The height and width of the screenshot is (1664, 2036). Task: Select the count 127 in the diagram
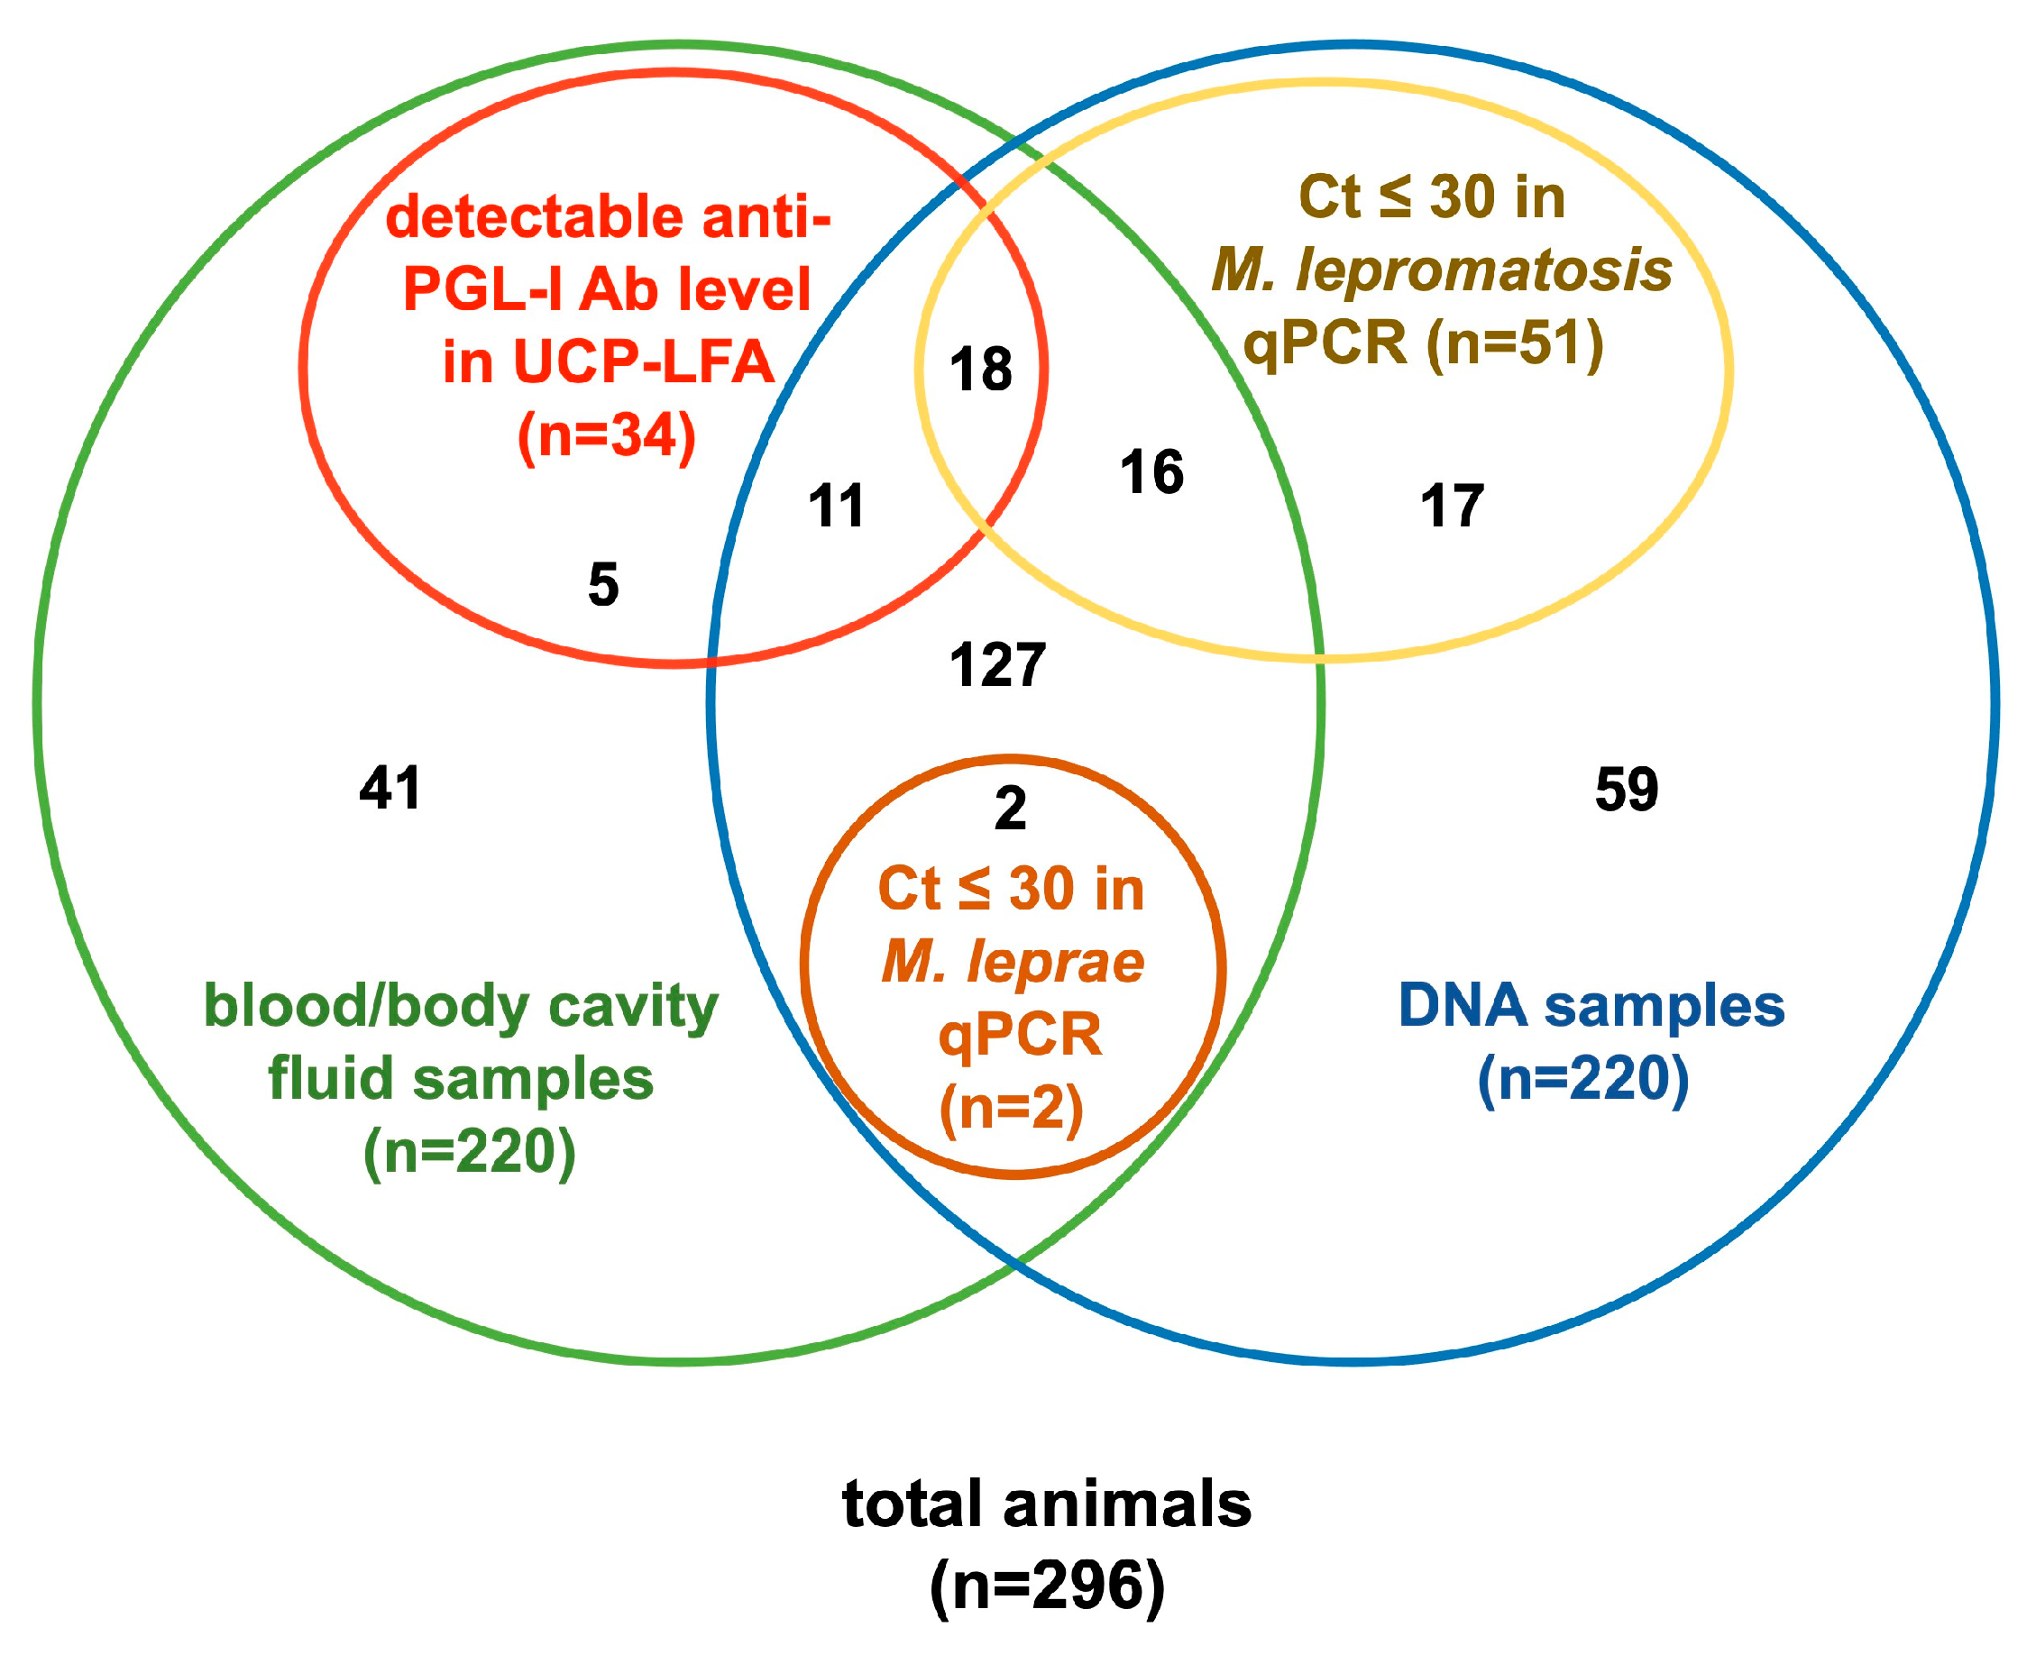(997, 666)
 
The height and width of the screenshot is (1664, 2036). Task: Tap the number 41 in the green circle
(390, 789)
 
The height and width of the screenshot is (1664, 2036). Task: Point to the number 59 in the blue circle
(1627, 791)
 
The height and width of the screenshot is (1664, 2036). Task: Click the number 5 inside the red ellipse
(603, 585)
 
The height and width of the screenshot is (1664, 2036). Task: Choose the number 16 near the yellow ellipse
(1151, 472)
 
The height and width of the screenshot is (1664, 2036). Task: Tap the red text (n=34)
(607, 436)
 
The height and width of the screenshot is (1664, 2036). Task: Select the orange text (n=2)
(1012, 1109)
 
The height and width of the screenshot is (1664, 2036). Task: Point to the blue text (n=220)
(1583, 1079)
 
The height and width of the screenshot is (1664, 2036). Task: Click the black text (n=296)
(1047, 1586)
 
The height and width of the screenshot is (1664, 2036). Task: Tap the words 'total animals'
(1047, 1504)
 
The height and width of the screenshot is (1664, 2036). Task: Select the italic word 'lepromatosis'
(1484, 270)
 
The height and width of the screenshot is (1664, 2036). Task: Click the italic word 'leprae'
(1055, 962)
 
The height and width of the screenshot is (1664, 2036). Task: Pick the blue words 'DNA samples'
(1591, 1007)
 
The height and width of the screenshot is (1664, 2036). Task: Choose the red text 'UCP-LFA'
(644, 363)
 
